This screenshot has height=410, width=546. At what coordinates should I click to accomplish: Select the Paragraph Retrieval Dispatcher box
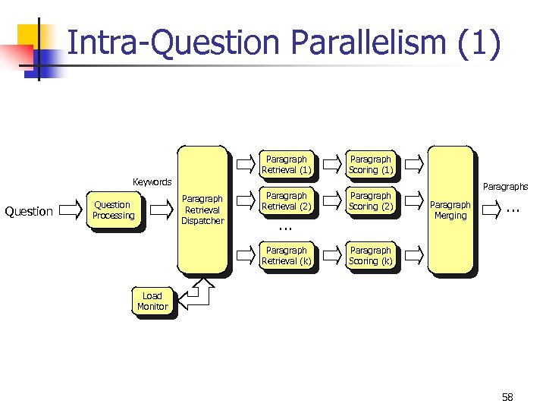(202, 210)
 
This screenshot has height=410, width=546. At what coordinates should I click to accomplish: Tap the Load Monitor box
(152, 301)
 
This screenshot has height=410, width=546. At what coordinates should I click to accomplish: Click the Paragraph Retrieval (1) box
(286, 165)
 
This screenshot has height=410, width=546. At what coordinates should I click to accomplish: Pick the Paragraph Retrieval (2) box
(286, 201)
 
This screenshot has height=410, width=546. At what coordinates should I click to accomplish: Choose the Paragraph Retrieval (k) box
(286, 256)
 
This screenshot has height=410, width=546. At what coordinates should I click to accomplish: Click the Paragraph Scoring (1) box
(370, 165)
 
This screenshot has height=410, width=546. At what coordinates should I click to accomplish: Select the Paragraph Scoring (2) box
(370, 201)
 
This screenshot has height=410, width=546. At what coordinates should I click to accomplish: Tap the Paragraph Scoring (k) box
(370, 256)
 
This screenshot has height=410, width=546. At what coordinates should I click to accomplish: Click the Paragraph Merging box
(450, 210)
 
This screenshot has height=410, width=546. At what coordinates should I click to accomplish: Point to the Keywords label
(152, 182)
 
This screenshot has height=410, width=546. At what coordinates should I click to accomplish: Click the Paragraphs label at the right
(505, 186)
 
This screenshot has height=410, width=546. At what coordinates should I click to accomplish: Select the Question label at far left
(29, 211)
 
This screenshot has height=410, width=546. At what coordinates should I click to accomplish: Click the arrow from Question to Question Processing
(69, 210)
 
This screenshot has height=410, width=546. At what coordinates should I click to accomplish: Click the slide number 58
(507, 397)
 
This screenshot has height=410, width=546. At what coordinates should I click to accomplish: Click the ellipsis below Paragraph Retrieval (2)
(285, 226)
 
